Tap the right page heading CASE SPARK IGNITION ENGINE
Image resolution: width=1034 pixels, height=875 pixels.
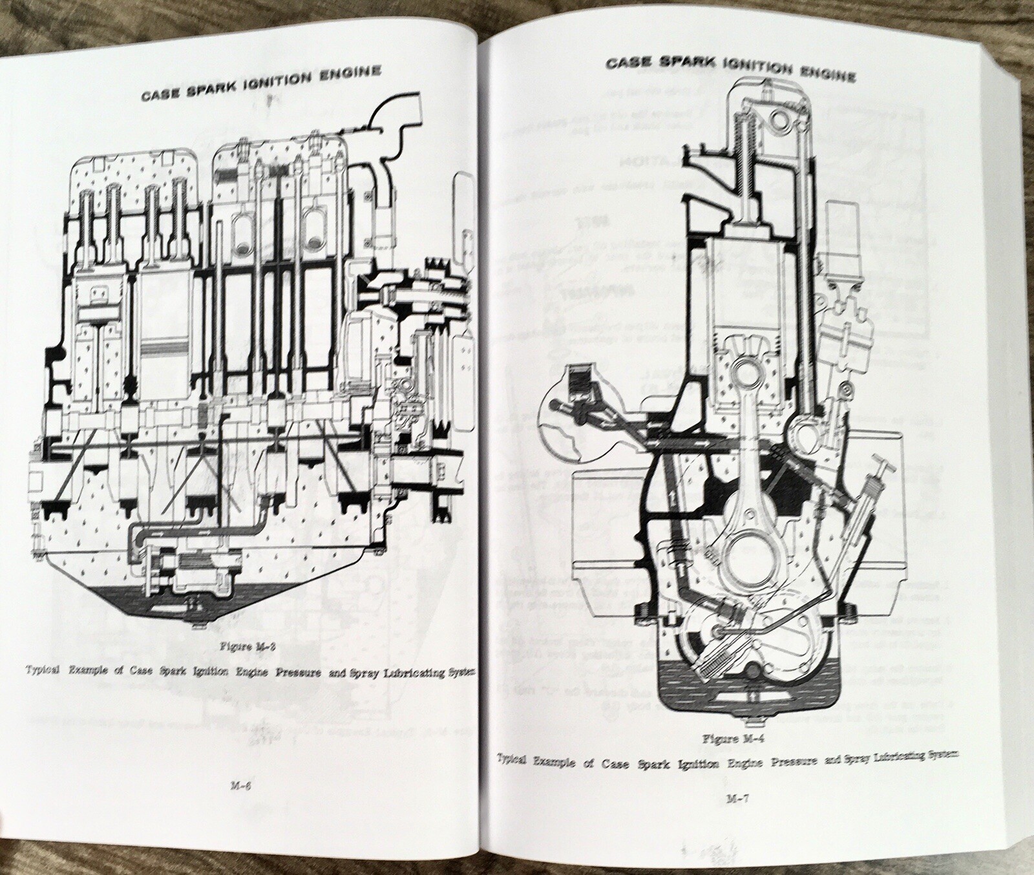[728, 70]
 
